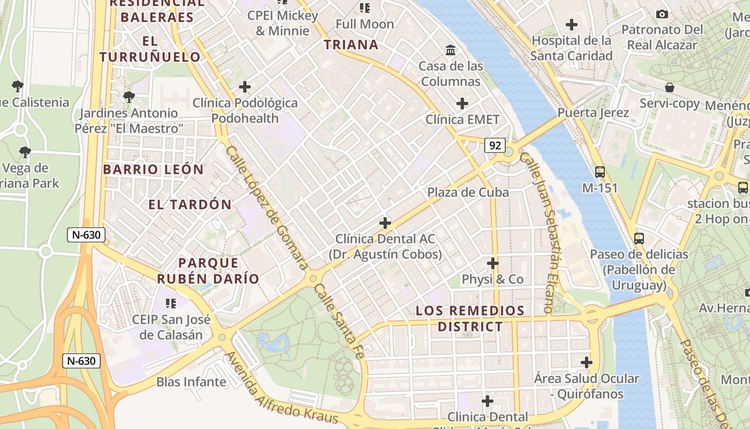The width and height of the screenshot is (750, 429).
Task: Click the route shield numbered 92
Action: coord(495,145)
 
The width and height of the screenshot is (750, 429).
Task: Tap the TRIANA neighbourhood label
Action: coord(351,45)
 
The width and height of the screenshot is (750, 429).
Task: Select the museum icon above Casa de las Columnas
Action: coord(451,50)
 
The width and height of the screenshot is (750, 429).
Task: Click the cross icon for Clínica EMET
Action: coord(462,103)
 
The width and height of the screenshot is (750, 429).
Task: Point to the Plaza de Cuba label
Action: coord(468,192)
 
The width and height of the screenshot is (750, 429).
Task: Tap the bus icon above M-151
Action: coord(600,172)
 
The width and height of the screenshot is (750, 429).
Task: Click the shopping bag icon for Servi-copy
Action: coord(669,87)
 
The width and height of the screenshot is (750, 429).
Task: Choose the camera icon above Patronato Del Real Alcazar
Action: coord(662,14)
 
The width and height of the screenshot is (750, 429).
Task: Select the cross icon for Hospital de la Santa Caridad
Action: coord(572,25)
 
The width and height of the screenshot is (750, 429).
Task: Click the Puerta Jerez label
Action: coord(593,113)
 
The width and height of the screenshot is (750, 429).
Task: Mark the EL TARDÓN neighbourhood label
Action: coord(190,204)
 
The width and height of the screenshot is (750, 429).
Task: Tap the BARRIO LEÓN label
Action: coord(153,169)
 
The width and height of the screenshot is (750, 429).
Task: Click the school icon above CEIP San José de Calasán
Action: coord(171,304)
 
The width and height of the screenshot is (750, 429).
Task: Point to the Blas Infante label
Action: coord(191,382)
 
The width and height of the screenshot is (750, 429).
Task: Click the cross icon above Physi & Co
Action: coord(493,263)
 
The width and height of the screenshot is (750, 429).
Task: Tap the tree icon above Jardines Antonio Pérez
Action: coord(129,97)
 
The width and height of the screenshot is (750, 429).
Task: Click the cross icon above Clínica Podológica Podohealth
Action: coord(245,87)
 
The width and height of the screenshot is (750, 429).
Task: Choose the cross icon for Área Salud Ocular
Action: coord(587,363)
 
